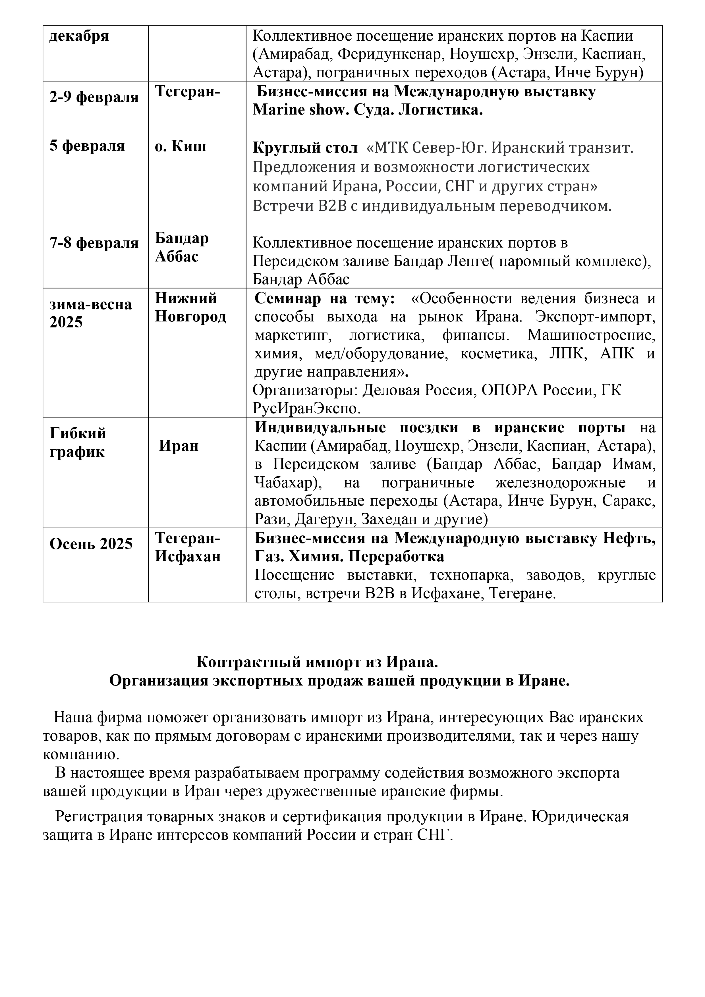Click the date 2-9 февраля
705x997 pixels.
point(94,97)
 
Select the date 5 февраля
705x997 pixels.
point(87,146)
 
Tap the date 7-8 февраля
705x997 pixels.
point(94,243)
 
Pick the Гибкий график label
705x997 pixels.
point(77,443)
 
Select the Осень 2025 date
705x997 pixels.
point(91,544)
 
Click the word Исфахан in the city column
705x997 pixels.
point(188,557)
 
